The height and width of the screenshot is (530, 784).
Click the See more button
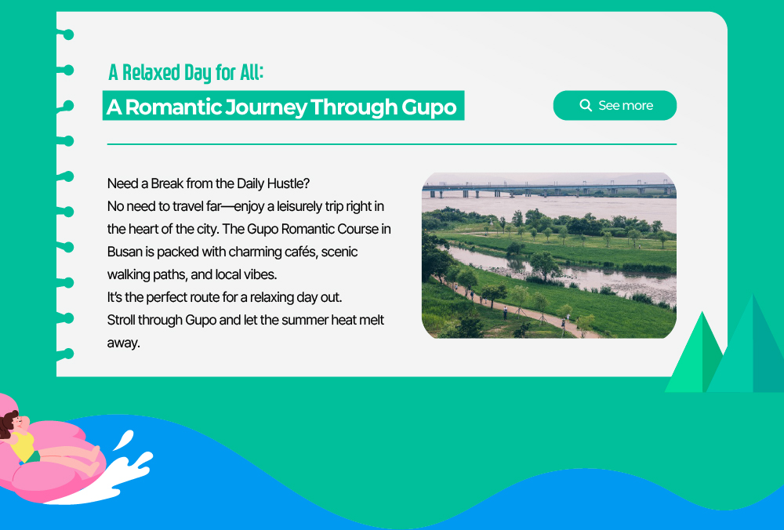(615, 106)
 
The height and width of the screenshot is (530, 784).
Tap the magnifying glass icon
(586, 106)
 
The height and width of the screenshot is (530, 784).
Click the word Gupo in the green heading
(429, 107)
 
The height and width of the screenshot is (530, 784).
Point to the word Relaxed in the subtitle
(151, 72)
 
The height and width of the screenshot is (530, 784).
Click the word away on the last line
(122, 343)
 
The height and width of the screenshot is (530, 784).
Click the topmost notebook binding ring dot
(68, 34)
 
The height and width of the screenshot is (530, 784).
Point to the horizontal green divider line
(391, 144)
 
